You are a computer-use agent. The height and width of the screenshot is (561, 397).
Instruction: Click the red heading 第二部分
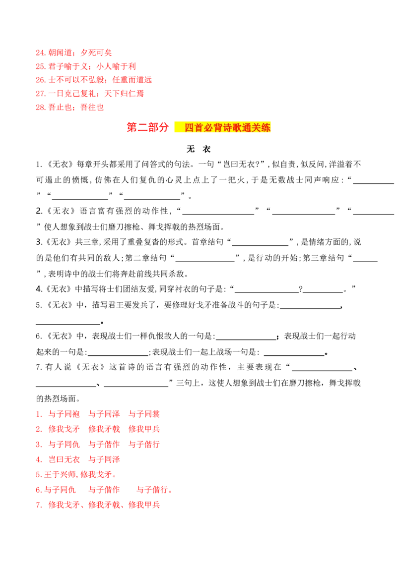[147, 127]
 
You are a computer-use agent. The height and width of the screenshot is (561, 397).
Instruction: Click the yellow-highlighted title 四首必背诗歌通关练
[227, 127]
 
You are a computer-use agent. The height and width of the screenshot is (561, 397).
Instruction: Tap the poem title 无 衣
[198, 149]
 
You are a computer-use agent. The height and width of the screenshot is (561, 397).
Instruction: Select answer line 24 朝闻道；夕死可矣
[74, 53]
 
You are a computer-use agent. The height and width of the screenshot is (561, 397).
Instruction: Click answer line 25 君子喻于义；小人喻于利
[86, 66]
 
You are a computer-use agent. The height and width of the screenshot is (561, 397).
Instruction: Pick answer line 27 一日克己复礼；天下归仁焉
[90, 93]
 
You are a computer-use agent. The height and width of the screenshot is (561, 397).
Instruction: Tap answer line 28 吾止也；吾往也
[70, 107]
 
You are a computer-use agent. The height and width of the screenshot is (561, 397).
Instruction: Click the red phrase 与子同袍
[64, 414]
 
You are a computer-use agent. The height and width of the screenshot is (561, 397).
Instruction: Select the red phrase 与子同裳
[144, 414]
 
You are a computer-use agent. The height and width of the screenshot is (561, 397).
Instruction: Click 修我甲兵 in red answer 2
[144, 429]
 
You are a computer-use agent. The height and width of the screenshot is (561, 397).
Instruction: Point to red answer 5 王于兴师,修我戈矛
[76, 474]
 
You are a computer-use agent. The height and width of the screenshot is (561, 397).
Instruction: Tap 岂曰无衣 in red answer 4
[64, 459]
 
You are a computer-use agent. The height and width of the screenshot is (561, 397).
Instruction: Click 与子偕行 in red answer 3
[144, 445]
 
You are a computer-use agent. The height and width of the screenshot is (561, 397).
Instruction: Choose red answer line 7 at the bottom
[98, 505]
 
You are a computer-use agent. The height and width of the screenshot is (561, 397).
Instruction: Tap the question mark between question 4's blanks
[301, 289]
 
